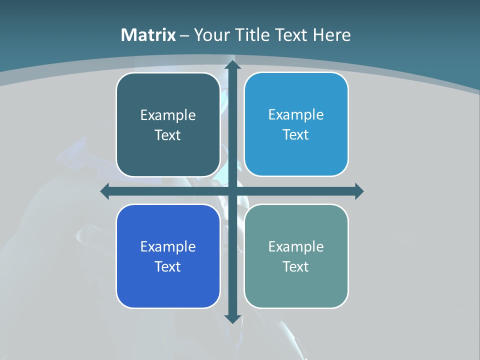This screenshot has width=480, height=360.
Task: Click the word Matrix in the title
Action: (148, 35)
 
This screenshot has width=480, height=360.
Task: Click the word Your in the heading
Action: (210, 35)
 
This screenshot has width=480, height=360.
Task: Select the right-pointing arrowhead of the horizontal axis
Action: (358, 191)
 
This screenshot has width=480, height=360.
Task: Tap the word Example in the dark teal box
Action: (168, 115)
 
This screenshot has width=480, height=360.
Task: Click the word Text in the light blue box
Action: (296, 135)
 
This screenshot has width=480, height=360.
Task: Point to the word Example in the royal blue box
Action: (168, 246)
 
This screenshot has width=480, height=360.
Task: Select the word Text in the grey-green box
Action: (296, 266)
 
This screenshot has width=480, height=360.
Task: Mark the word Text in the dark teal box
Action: (168, 135)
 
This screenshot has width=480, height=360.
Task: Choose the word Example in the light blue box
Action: (296, 114)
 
